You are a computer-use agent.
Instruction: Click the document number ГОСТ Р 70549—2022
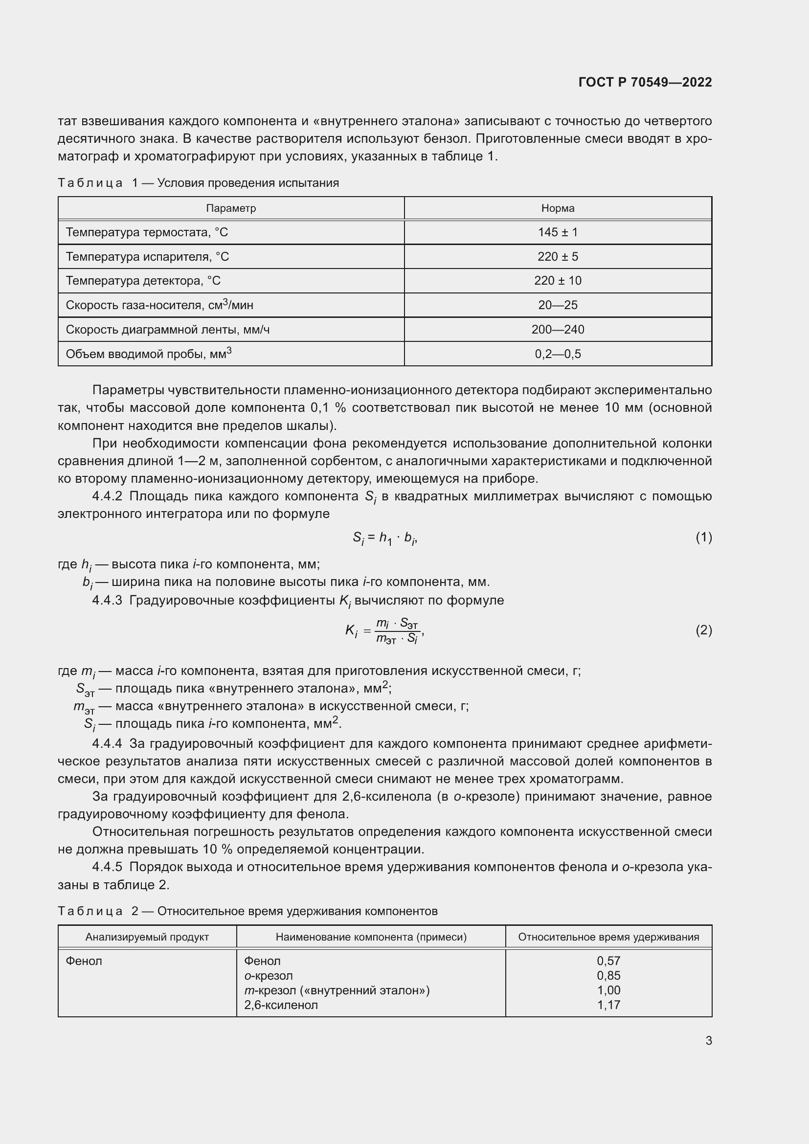645,82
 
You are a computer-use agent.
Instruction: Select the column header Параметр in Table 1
231,208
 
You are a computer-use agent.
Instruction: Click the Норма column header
558,208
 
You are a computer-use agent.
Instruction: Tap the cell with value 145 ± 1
558,232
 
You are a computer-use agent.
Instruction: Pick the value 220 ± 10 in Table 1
558,281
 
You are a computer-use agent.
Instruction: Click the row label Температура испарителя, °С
147,257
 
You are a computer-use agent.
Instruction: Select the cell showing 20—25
558,305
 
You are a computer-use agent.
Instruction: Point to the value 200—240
558,329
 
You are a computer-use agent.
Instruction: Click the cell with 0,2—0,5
558,354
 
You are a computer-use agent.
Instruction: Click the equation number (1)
703,537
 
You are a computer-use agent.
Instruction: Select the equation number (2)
703,630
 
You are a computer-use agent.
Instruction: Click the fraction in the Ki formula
397,631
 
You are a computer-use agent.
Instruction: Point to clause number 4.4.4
107,744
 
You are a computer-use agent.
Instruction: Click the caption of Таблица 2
247,911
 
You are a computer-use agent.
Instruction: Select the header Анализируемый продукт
147,937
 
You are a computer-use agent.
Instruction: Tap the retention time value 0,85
608,976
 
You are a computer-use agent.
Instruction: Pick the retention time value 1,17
608,1005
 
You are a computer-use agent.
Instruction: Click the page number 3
708,1041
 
